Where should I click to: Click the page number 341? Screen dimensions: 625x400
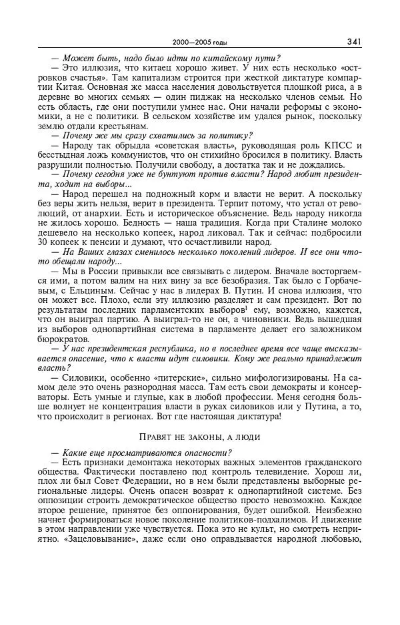pyautogui.click(x=353, y=41)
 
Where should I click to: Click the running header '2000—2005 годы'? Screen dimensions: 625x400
pyautogui.click(x=200, y=42)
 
